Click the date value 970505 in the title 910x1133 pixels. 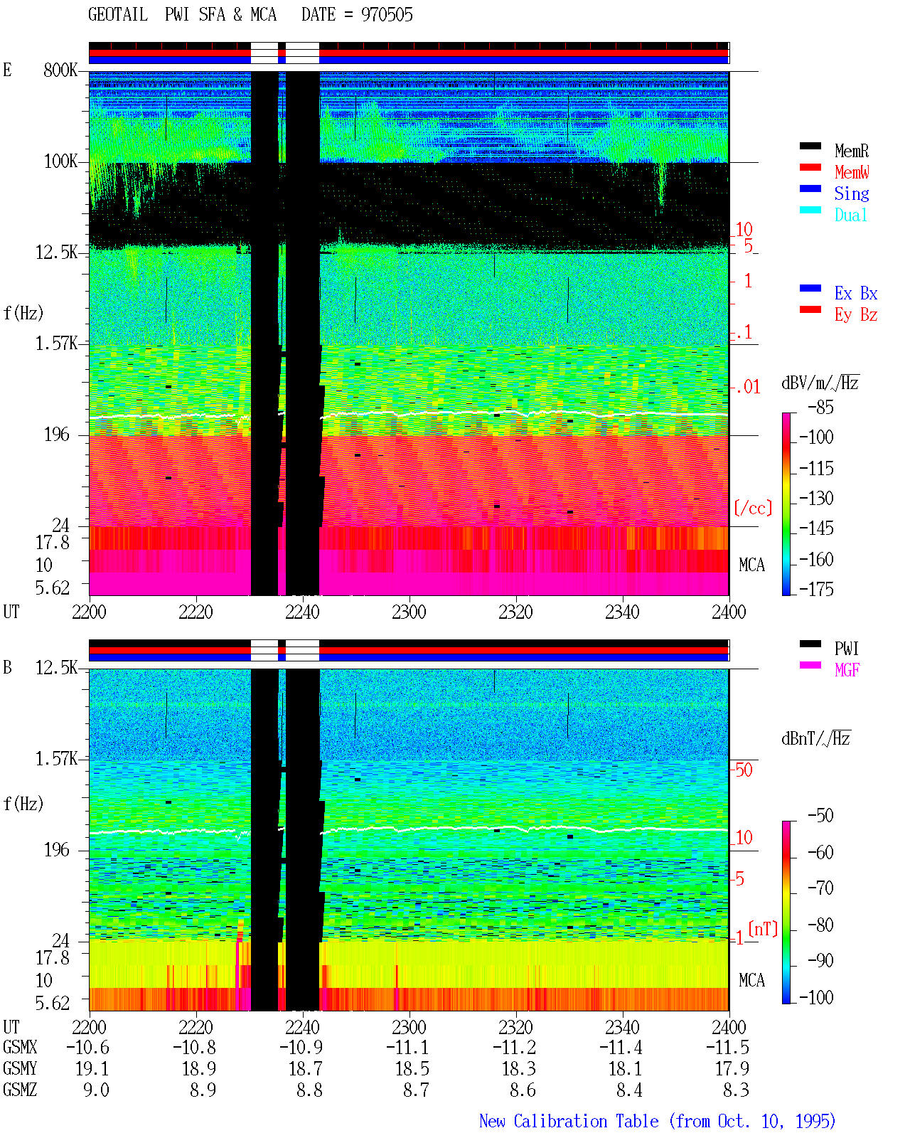(x=387, y=15)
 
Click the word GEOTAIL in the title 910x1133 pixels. (x=118, y=15)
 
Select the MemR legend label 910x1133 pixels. (x=851, y=151)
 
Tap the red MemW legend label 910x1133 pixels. (x=852, y=172)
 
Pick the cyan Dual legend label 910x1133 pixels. (x=850, y=215)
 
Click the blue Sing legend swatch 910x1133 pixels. (x=810, y=188)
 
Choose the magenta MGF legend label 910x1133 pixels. (x=847, y=670)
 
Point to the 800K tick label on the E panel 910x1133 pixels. (x=60, y=70)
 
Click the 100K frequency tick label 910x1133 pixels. (x=60, y=161)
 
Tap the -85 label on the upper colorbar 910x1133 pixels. (x=820, y=407)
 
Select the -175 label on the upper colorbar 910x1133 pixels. (x=816, y=589)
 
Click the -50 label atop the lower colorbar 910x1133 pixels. (x=820, y=816)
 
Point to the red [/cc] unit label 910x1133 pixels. (x=753, y=508)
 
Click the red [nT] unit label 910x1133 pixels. (x=763, y=928)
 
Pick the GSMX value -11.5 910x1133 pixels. (x=727, y=1048)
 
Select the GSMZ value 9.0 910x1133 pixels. (x=96, y=1090)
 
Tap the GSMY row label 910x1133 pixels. (x=20, y=1069)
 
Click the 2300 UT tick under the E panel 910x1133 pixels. (x=409, y=612)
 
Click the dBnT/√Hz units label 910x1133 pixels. (x=816, y=738)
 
